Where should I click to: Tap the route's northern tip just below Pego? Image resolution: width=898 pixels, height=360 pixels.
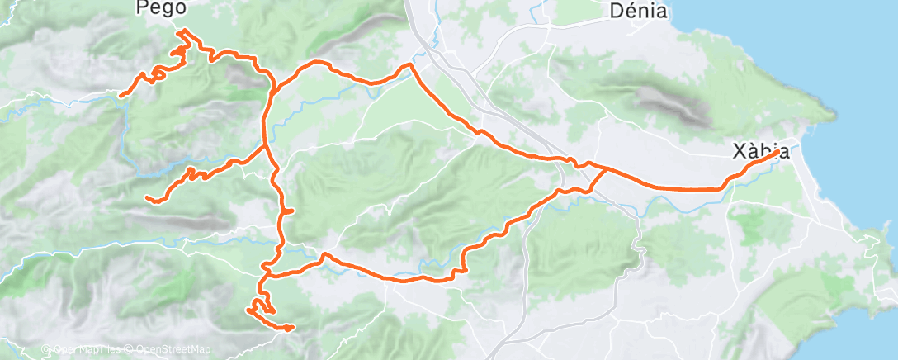tap(183, 31)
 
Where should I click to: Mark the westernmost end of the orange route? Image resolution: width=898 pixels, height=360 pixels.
tap(121, 96)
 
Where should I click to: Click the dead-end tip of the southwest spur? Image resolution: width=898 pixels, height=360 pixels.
tap(146, 198)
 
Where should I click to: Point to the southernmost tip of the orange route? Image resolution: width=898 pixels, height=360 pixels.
tap(291, 329)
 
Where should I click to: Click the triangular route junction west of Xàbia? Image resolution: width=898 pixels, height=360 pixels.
tap(604, 170)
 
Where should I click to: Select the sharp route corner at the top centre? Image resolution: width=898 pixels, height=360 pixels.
tap(410, 64)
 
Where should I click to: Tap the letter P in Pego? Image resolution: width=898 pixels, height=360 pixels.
tap(142, 8)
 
